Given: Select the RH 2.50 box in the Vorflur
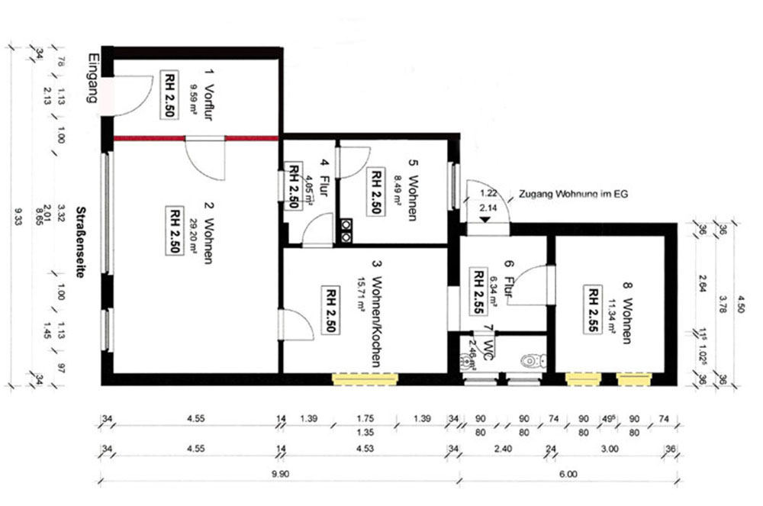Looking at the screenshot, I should click(x=169, y=93).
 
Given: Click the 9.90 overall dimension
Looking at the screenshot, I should click(x=279, y=473).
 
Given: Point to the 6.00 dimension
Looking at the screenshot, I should click(x=568, y=473).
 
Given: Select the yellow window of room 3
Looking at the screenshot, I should click(x=364, y=378).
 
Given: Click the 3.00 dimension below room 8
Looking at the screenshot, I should click(x=610, y=450).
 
